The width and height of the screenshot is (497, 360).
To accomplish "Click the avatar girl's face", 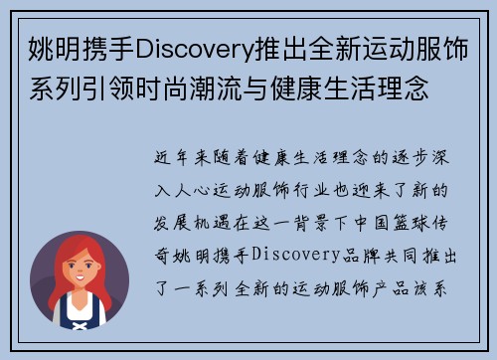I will (80, 266).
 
